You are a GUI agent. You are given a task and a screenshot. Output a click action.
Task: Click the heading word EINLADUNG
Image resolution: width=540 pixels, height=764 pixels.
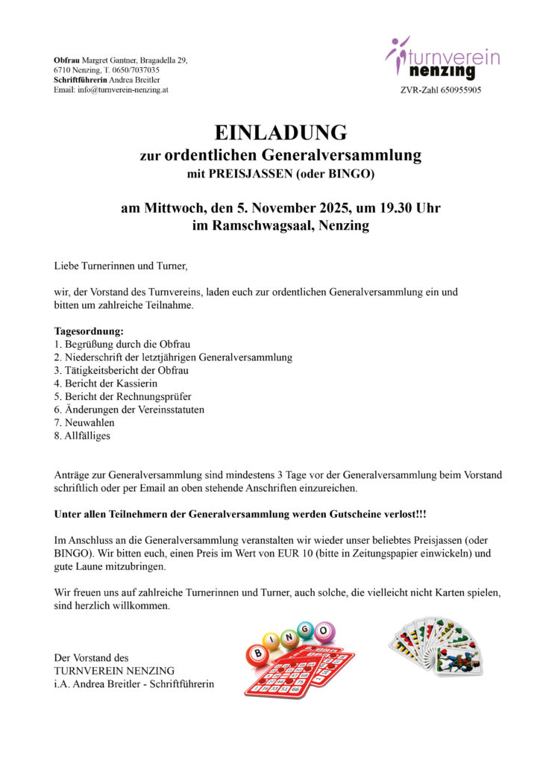coord(280,133)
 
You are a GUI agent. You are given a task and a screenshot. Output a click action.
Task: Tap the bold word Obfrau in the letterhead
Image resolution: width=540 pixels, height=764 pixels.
coord(66,60)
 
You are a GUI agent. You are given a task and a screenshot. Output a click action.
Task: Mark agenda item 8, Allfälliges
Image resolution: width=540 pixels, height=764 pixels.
coord(82,436)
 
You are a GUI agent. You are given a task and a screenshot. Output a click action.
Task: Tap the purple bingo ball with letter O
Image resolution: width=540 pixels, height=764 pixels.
coord(324,632)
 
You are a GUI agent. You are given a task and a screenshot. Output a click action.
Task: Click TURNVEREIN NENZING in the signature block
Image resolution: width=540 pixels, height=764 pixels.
coord(114,671)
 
